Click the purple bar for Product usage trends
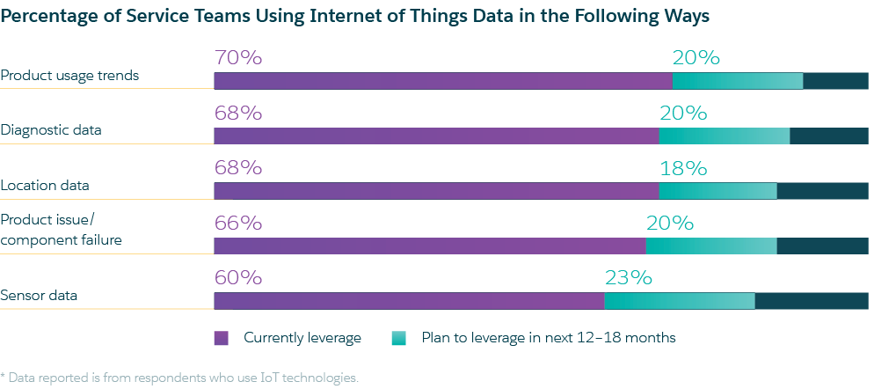click(443, 81)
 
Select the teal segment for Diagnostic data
click(724, 136)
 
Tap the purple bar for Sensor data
click(409, 301)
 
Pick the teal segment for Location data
click(717, 191)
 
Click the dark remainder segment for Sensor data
click(812, 301)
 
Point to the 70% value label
click(237, 58)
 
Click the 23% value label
click(628, 278)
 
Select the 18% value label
click(683, 168)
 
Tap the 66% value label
click(237, 224)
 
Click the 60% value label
click(237, 278)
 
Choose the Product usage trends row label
click(69, 76)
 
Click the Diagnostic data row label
click(51, 130)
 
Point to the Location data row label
click(45, 186)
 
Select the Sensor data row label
click(39, 296)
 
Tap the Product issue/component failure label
click(61, 230)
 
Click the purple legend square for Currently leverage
click(222, 338)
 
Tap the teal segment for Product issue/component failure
click(711, 246)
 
